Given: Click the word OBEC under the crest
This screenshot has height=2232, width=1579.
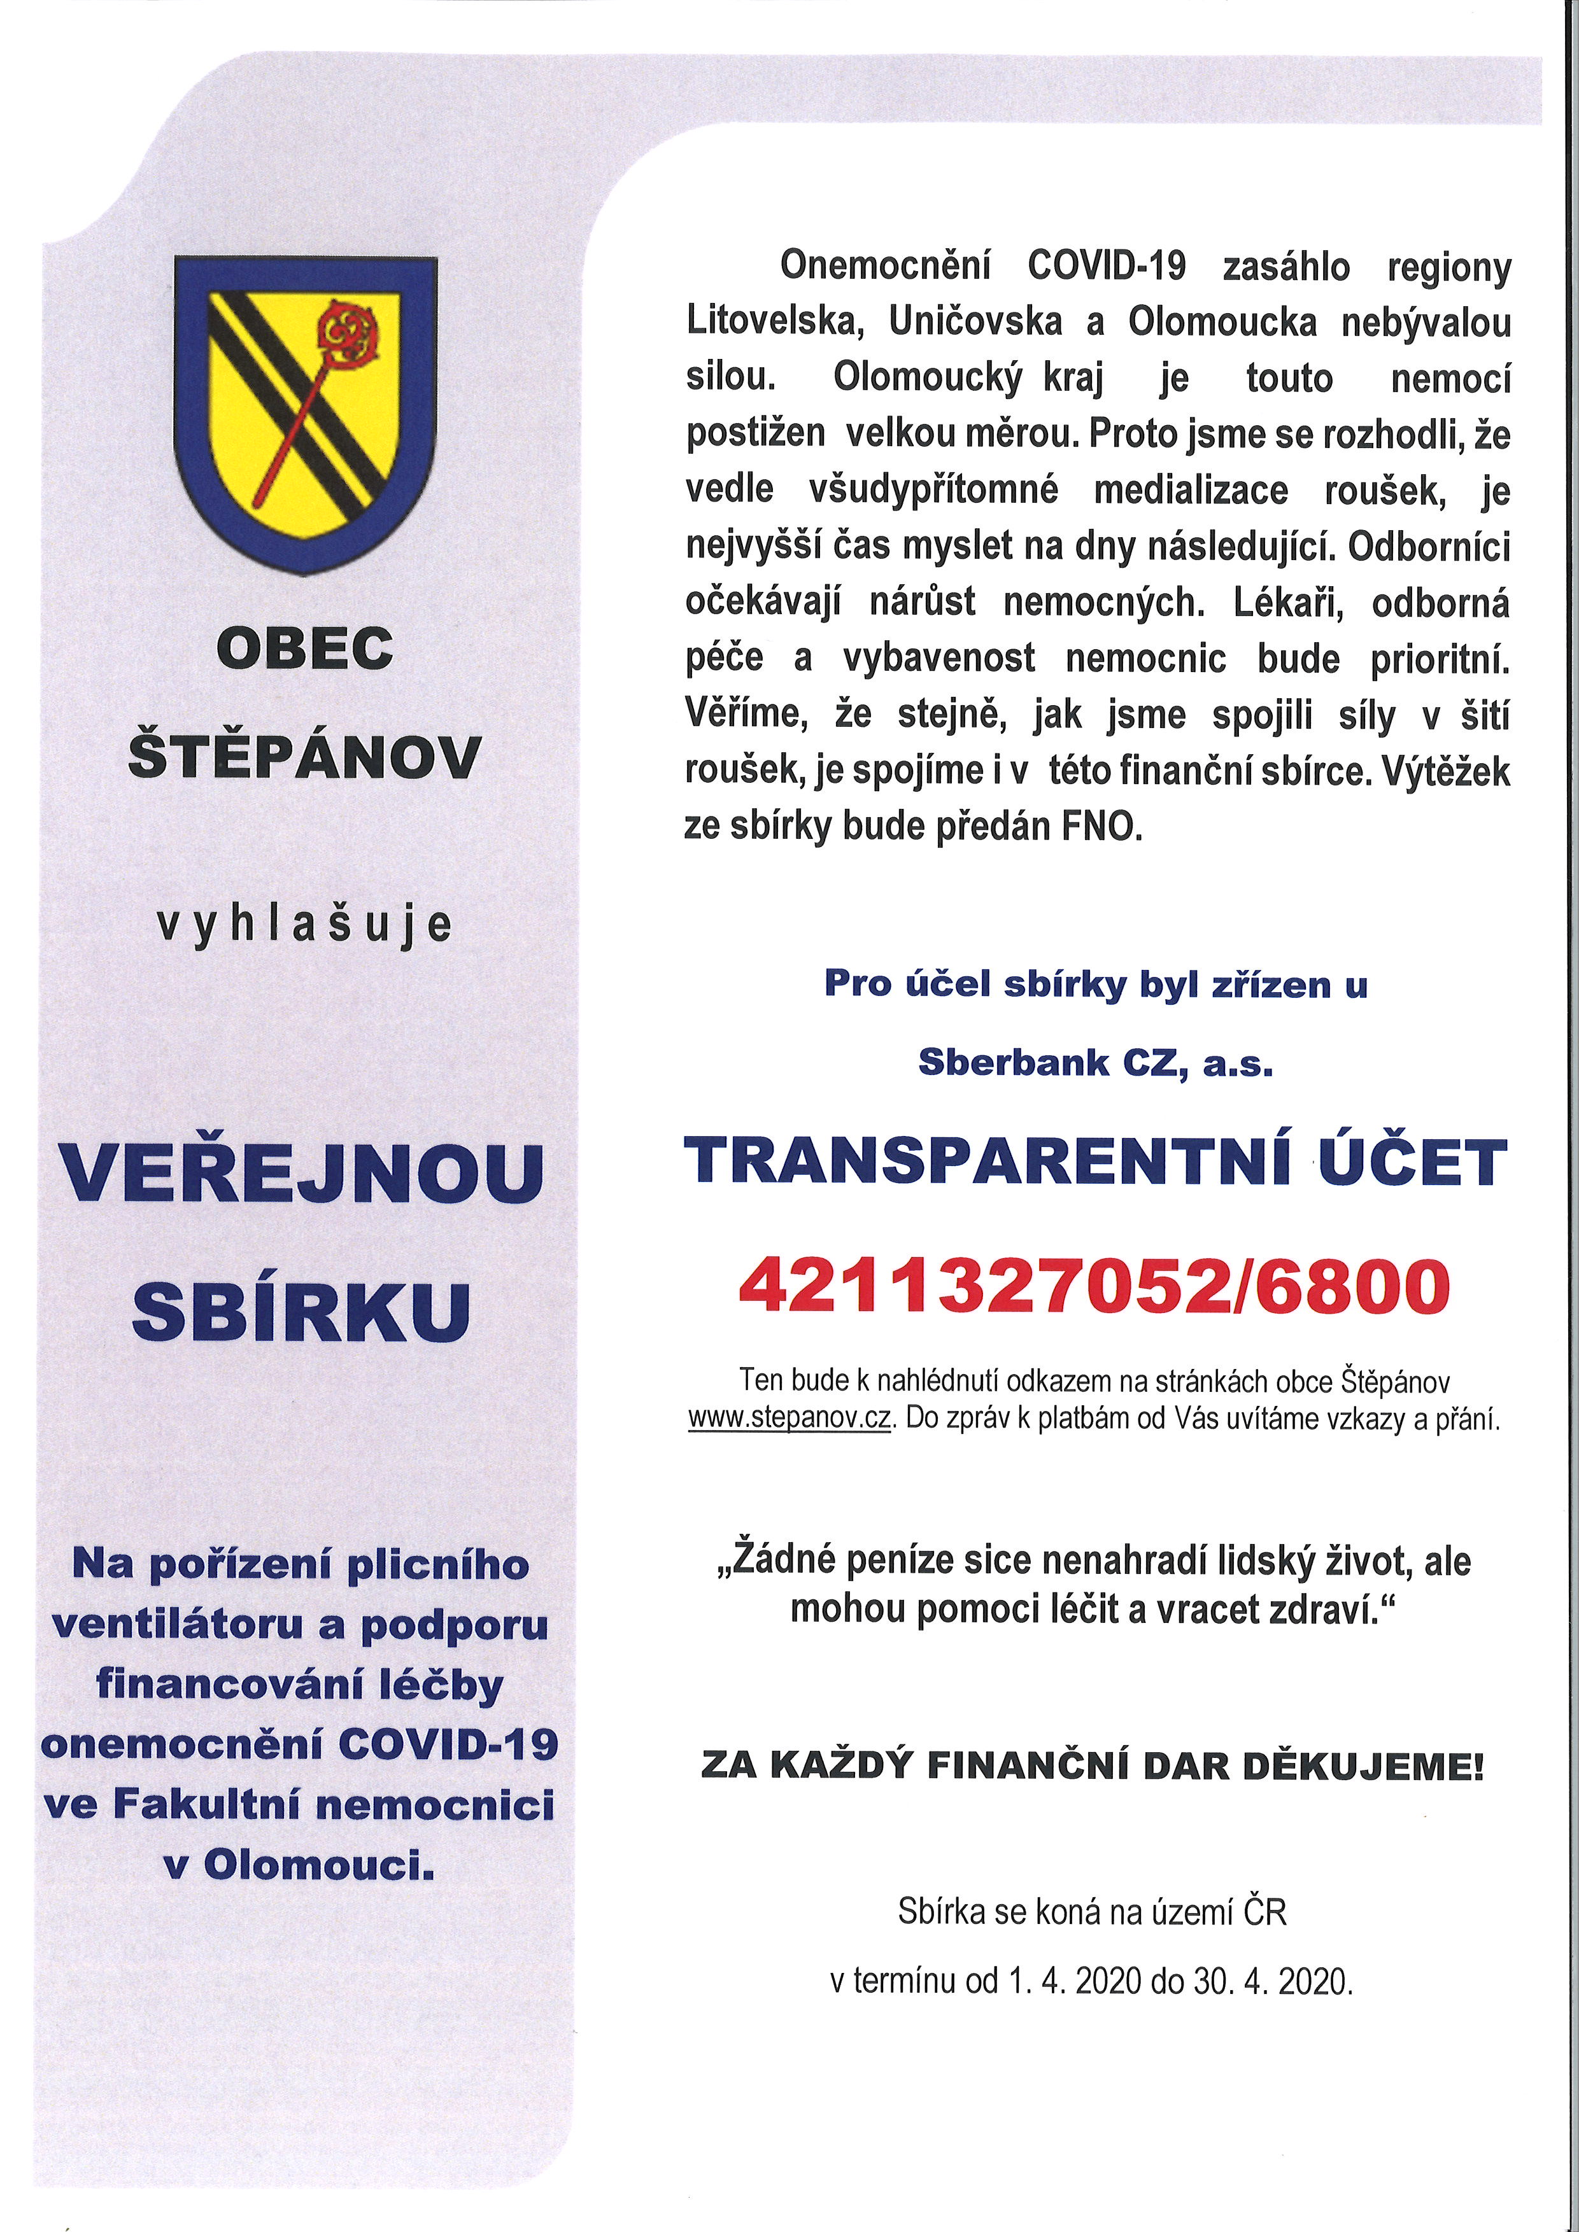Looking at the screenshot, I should click(306, 647).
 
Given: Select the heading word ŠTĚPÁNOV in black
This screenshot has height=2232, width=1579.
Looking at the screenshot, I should click(306, 757).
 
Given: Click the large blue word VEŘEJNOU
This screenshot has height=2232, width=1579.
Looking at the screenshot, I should click(301, 1174).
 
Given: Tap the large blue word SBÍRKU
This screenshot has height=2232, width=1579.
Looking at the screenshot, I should click(301, 1310).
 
